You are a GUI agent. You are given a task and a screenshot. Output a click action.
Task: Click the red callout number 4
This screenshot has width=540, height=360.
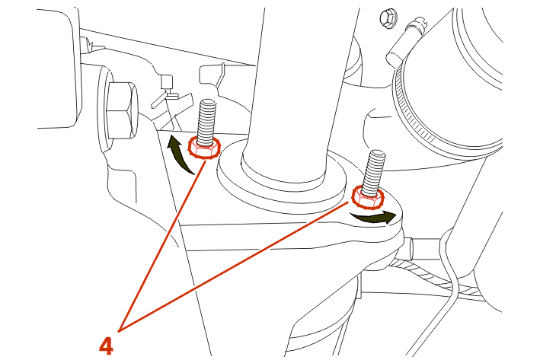click(x=107, y=345)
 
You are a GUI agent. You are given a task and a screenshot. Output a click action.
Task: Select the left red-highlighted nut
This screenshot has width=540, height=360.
click(x=204, y=148)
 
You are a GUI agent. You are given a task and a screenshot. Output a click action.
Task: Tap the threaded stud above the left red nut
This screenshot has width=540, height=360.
click(x=207, y=119)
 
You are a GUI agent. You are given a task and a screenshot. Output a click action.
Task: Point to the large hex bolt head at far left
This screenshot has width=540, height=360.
click(x=120, y=112)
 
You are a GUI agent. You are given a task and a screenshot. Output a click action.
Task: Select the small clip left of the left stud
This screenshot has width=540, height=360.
click(x=166, y=94)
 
